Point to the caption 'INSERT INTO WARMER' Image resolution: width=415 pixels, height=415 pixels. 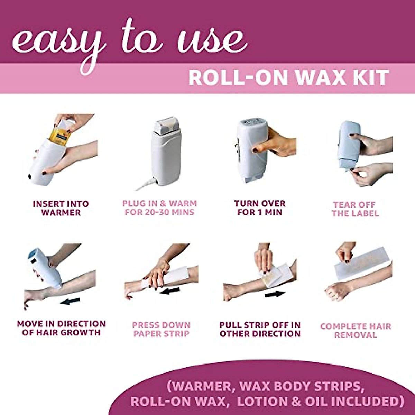[61, 208]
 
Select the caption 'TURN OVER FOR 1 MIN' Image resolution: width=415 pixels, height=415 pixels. [260, 208]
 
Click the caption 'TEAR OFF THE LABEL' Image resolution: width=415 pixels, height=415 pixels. [355, 209]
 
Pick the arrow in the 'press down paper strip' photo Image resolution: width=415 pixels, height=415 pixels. [170, 290]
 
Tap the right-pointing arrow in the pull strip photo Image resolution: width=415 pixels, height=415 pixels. [275, 294]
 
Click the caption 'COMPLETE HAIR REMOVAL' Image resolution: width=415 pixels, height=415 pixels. [356, 331]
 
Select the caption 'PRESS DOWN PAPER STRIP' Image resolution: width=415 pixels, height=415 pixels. [162, 330]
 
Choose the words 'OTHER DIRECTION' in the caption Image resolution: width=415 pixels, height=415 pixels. [260, 334]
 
